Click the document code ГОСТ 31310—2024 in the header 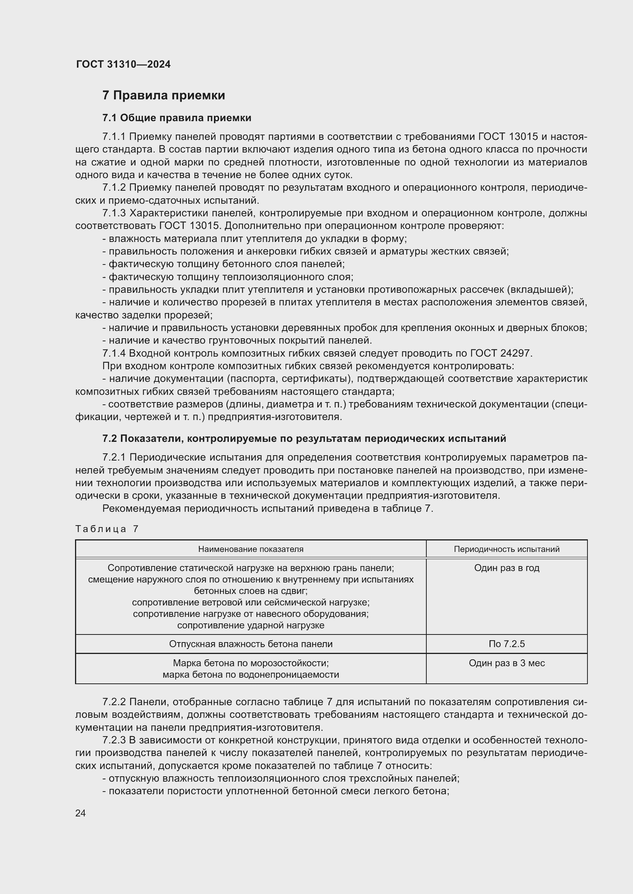(x=123, y=64)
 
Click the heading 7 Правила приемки (x=164, y=96)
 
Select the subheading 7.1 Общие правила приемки (x=176, y=118)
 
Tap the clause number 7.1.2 (x=114, y=188)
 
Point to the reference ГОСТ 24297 (x=501, y=353)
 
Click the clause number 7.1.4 (x=114, y=353)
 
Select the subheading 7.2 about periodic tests (x=304, y=438)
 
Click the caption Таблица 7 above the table (x=107, y=529)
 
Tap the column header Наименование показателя (x=251, y=549)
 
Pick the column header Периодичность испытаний (x=506, y=549)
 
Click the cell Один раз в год (x=506, y=568)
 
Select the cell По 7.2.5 (x=506, y=644)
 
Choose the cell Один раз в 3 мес (x=506, y=663)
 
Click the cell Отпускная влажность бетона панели (x=251, y=644)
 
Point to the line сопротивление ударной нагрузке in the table (x=251, y=625)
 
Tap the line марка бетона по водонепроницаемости (x=251, y=675)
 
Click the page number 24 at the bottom (x=80, y=813)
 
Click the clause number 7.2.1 (x=114, y=458)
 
